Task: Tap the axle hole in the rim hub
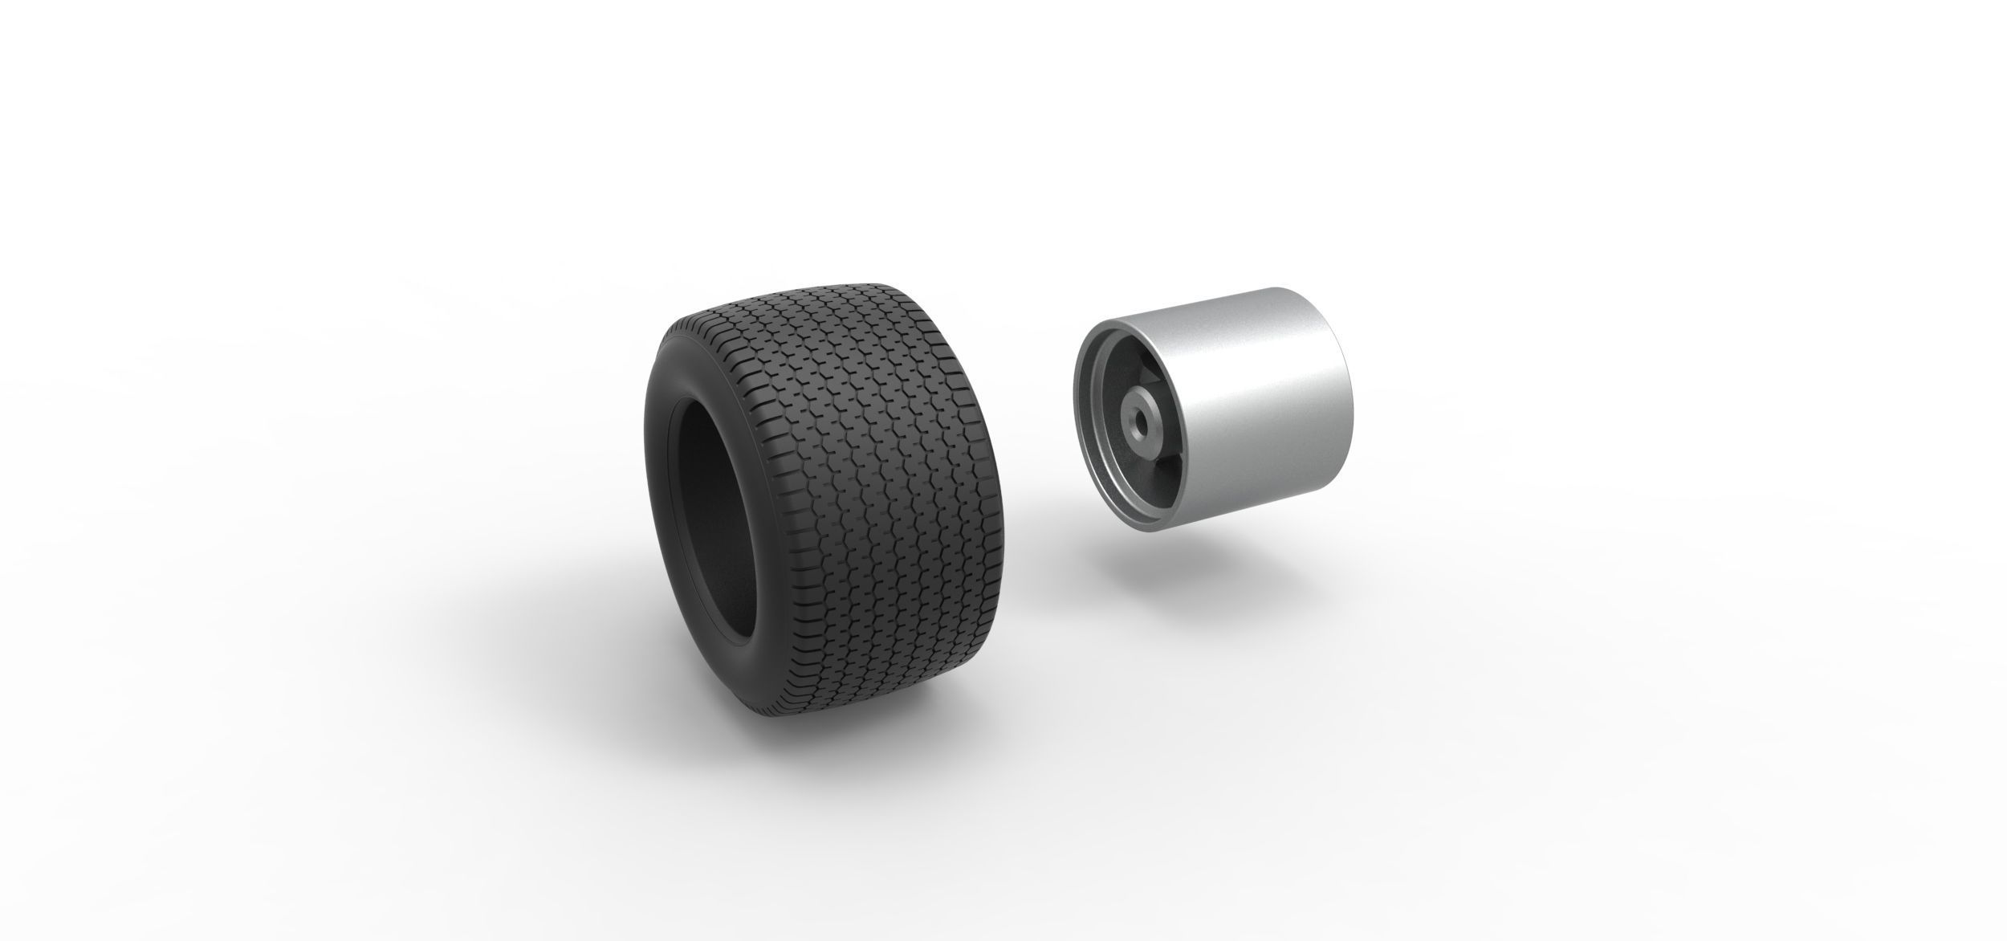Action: [1138, 419]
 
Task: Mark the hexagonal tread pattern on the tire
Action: [867, 450]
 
